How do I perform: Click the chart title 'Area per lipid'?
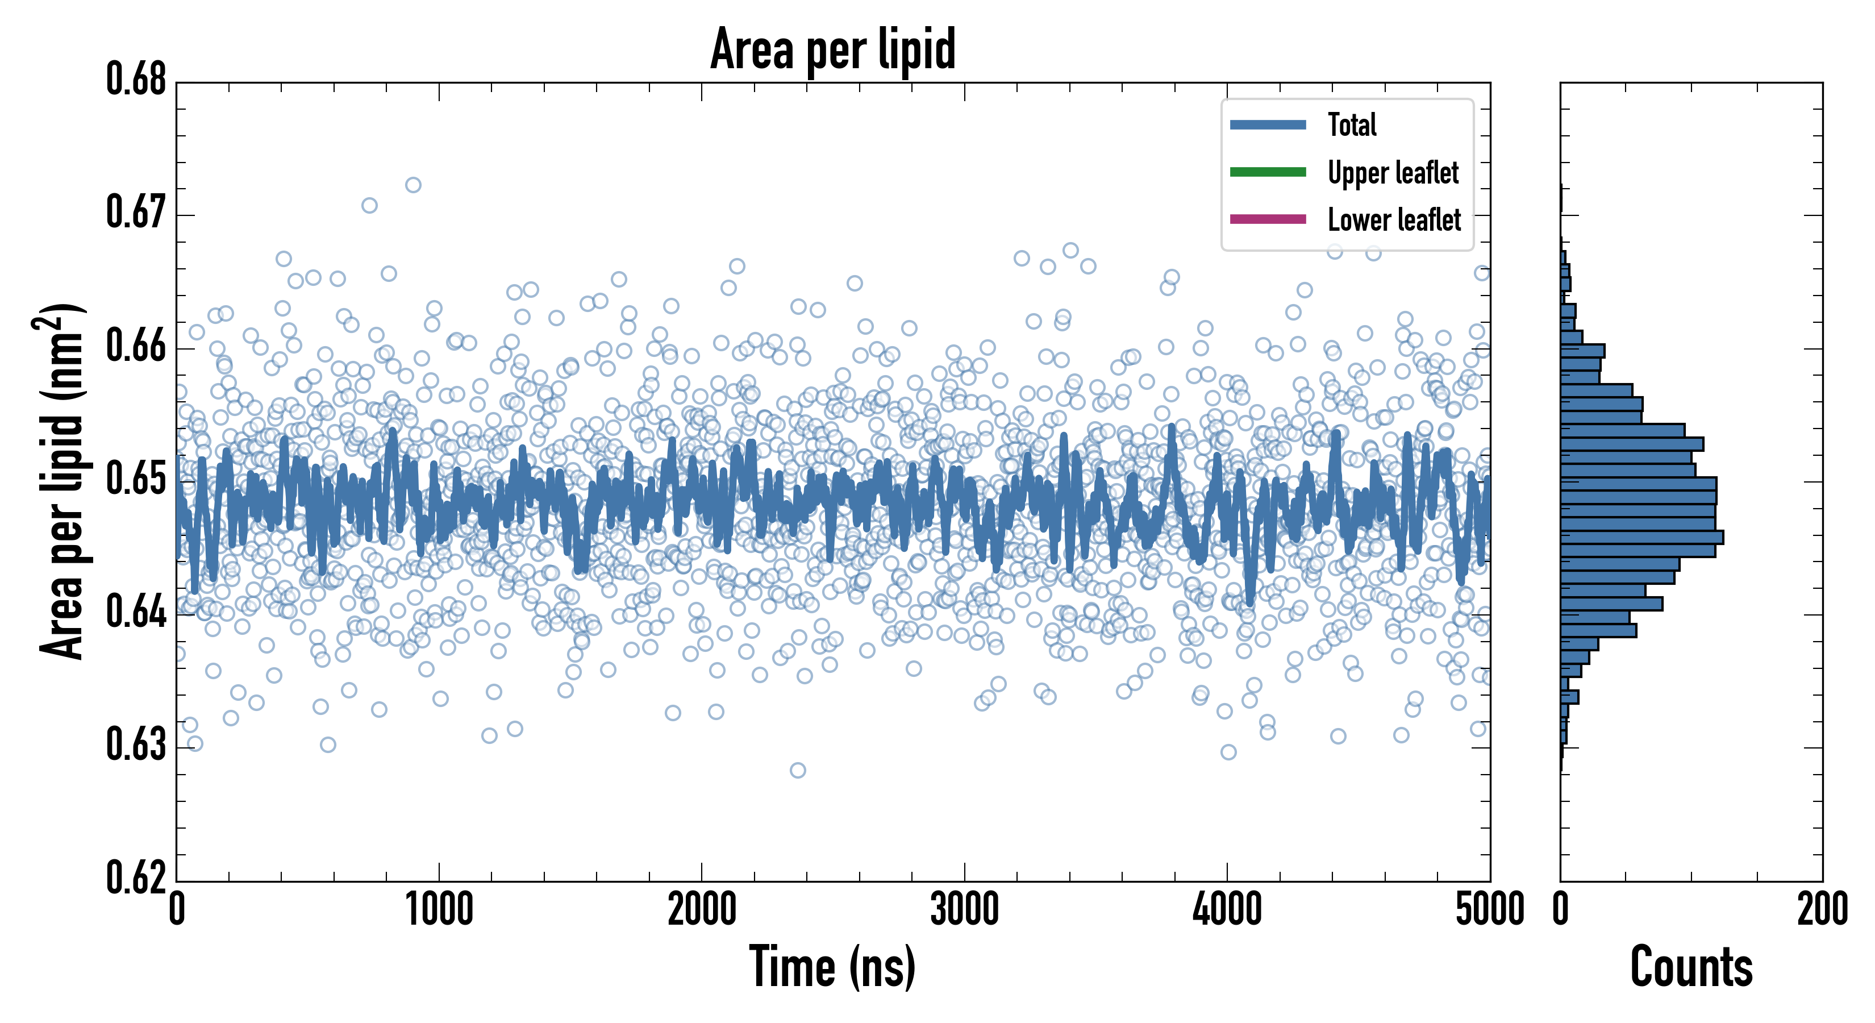(x=833, y=49)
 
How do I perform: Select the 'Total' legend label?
(x=1352, y=124)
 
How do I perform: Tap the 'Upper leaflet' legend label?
(x=1393, y=173)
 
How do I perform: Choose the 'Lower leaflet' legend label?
(x=1394, y=220)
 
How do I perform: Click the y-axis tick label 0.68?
(x=136, y=80)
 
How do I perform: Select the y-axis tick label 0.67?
(x=136, y=213)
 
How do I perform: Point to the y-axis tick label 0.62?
(x=136, y=878)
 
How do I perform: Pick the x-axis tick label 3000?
(x=964, y=910)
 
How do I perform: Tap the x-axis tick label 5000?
(x=1489, y=910)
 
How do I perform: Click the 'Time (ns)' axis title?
(x=833, y=967)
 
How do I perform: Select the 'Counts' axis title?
(x=1691, y=967)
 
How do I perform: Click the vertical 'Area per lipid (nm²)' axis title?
(x=62, y=481)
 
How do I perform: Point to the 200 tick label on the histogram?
(x=1822, y=910)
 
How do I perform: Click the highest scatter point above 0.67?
(x=413, y=185)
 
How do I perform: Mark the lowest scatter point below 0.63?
(x=798, y=770)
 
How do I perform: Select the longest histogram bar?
(x=1641, y=537)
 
